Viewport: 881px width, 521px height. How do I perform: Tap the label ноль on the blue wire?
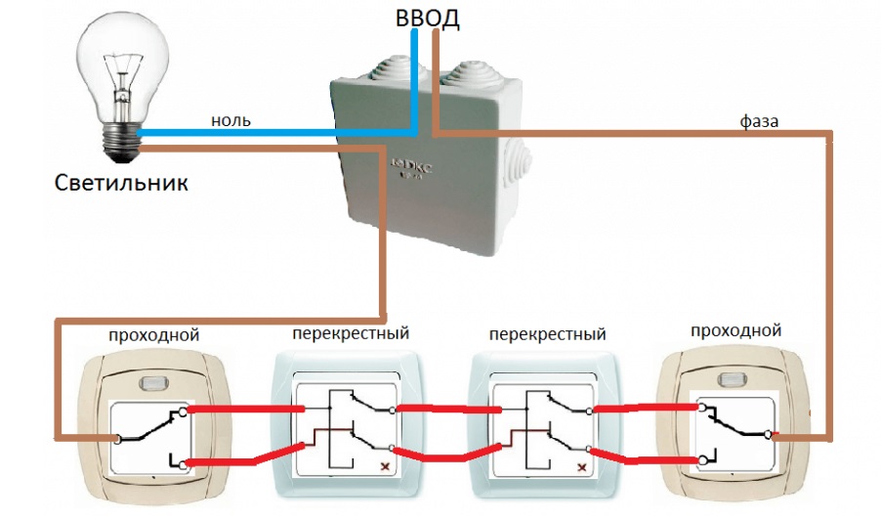(x=231, y=120)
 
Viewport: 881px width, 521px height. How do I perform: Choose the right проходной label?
(x=736, y=330)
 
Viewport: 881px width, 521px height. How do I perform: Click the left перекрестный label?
(x=350, y=333)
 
